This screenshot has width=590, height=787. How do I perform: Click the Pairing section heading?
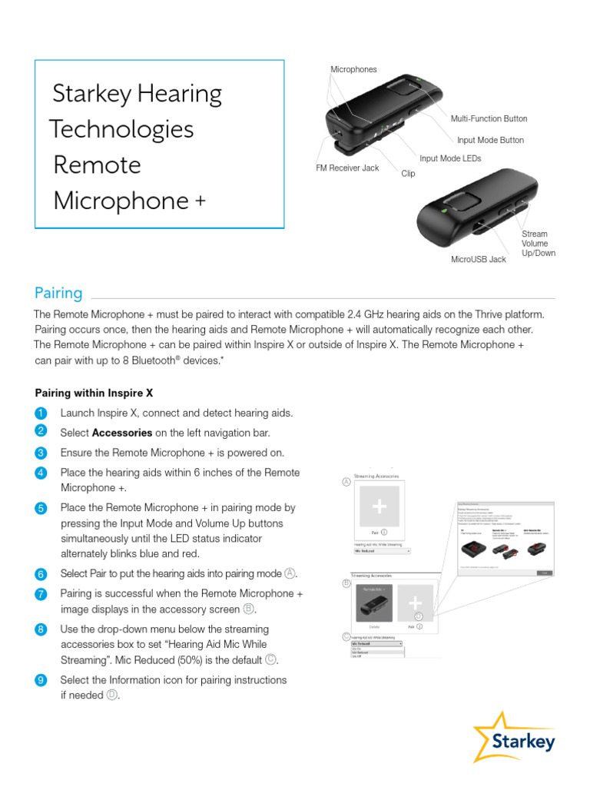58,293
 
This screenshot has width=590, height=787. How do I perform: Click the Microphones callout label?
353,70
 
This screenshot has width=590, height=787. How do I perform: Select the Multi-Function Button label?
489,119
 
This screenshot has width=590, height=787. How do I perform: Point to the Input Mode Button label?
490,141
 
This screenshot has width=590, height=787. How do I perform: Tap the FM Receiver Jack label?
347,168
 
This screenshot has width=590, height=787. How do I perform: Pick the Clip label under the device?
408,174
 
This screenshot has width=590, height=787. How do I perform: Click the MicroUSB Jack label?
479,260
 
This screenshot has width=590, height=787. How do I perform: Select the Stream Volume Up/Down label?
538,244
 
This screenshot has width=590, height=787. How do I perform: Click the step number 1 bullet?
41,413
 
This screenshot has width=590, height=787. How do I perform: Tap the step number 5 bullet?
41,509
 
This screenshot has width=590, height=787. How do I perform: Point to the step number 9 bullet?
41,681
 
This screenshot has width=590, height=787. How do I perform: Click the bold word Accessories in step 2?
121,433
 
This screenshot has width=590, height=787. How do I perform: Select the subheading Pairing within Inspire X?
94,393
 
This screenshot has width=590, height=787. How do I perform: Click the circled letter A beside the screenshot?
346,482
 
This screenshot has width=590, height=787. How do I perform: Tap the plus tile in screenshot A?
380,505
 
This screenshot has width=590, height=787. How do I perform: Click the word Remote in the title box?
98,165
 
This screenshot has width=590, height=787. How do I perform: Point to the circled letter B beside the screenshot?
346,583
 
